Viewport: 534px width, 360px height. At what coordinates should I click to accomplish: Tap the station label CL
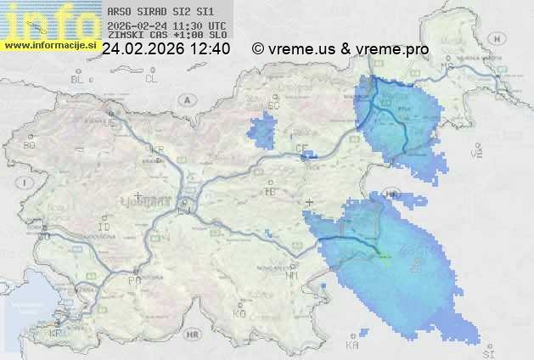click(x=151, y=79)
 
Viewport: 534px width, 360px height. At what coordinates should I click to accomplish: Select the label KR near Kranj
click(x=157, y=149)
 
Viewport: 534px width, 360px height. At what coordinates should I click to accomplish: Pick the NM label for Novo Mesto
click(x=293, y=275)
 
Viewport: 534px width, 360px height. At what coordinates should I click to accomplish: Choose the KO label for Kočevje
click(x=239, y=313)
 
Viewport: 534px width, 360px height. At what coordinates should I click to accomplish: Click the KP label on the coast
click(x=56, y=334)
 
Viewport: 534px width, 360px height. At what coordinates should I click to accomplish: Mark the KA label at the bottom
click(x=352, y=346)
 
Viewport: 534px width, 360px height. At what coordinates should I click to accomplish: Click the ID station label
click(x=104, y=228)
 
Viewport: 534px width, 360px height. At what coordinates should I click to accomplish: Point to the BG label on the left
click(x=29, y=145)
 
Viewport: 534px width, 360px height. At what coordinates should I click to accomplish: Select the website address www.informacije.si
click(x=48, y=44)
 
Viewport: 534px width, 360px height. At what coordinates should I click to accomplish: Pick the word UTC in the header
click(x=216, y=26)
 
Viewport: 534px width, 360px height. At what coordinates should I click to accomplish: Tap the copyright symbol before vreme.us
click(x=257, y=49)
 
